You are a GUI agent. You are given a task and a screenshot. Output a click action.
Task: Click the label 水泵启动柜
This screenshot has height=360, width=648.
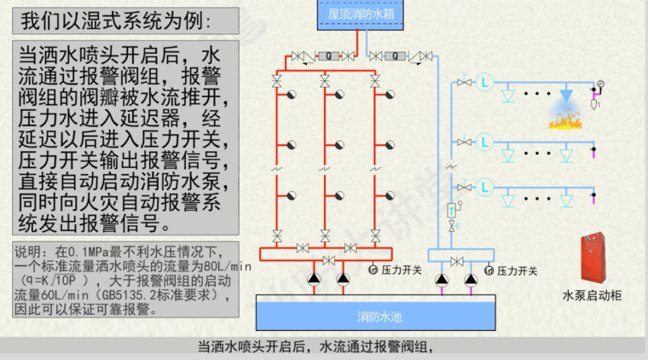tap(592, 296)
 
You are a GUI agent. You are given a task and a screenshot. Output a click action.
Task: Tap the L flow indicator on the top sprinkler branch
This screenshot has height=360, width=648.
tap(486, 82)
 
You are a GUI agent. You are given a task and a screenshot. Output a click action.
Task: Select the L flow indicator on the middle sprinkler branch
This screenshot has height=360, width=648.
tap(486, 140)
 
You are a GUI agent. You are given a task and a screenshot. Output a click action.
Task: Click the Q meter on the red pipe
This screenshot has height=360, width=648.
tap(325, 56)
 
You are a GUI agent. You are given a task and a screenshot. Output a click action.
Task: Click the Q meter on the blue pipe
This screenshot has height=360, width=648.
tap(394, 56)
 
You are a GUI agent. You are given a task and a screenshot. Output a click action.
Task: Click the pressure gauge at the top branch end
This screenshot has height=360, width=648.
tap(600, 84)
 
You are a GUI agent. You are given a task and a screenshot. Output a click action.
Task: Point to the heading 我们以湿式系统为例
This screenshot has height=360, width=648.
tap(115, 20)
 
